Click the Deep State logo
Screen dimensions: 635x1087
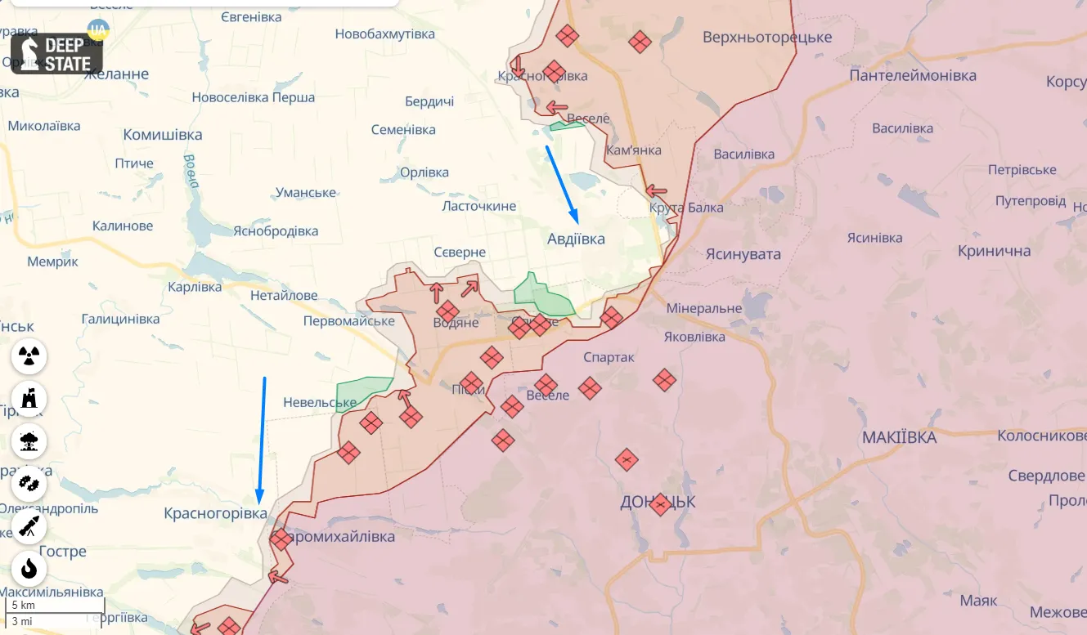pyautogui.click(x=56, y=53)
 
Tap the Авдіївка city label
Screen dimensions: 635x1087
pyautogui.click(x=576, y=239)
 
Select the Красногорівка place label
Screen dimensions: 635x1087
pyautogui.click(x=215, y=513)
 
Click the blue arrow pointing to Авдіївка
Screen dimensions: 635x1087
pyautogui.click(x=562, y=184)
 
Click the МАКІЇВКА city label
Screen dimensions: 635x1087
pyautogui.click(x=899, y=437)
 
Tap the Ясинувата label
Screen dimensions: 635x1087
pyautogui.click(x=743, y=254)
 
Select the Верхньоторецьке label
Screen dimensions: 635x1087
pyautogui.click(x=767, y=37)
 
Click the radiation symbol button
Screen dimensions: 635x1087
pyautogui.click(x=29, y=356)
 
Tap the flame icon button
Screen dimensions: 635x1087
pyautogui.click(x=29, y=569)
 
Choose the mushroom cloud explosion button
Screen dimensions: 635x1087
pyautogui.click(x=29, y=441)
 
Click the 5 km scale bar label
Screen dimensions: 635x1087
pyautogui.click(x=22, y=606)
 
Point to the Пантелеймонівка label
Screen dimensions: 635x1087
pyautogui.click(x=913, y=75)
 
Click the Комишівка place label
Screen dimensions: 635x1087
pyautogui.click(x=162, y=135)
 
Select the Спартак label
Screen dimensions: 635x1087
pyautogui.click(x=609, y=357)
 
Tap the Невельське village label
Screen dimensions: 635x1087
pyautogui.click(x=320, y=402)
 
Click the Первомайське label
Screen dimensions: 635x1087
pyautogui.click(x=348, y=321)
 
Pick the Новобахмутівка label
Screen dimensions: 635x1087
pyautogui.click(x=384, y=34)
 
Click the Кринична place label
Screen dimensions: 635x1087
pyautogui.click(x=994, y=251)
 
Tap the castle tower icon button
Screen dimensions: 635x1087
pyautogui.click(x=29, y=399)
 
